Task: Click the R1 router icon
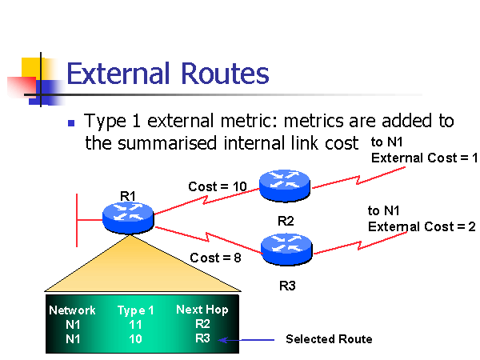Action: tap(127, 214)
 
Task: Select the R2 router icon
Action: tap(285, 184)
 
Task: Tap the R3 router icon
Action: tap(286, 249)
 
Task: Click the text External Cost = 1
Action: tap(424, 158)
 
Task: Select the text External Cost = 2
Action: tap(422, 226)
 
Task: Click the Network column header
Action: tap(72, 310)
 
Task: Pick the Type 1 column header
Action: tap(136, 310)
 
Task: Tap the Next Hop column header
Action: tap(202, 310)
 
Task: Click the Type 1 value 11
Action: tap(136, 326)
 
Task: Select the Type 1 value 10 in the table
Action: tap(136, 339)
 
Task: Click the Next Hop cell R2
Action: tap(202, 324)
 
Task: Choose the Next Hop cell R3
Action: tap(202, 338)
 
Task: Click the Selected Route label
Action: tap(329, 339)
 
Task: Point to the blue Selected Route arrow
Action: tap(243, 339)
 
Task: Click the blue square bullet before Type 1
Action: tap(71, 124)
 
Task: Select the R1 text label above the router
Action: tap(128, 194)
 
